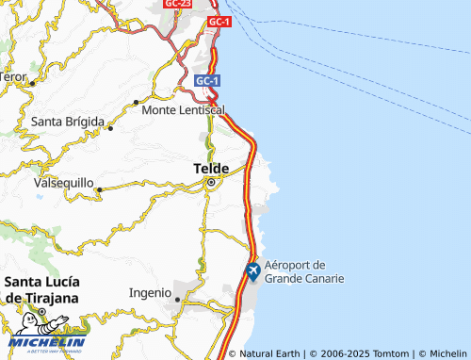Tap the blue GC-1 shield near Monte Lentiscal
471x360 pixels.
(207, 82)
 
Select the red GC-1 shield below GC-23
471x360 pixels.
(218, 21)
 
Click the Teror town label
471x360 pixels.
(12, 75)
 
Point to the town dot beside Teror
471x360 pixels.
(32, 83)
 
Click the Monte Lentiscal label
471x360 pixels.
(183, 110)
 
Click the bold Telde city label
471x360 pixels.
(211, 167)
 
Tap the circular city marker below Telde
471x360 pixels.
(211, 183)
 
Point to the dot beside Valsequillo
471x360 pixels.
(99, 190)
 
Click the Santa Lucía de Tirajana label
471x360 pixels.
(43, 289)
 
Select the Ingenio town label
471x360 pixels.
(151, 292)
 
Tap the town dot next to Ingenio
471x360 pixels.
(177, 300)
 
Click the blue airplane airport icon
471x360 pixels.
(252, 272)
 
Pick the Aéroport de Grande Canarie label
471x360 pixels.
(304, 271)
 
